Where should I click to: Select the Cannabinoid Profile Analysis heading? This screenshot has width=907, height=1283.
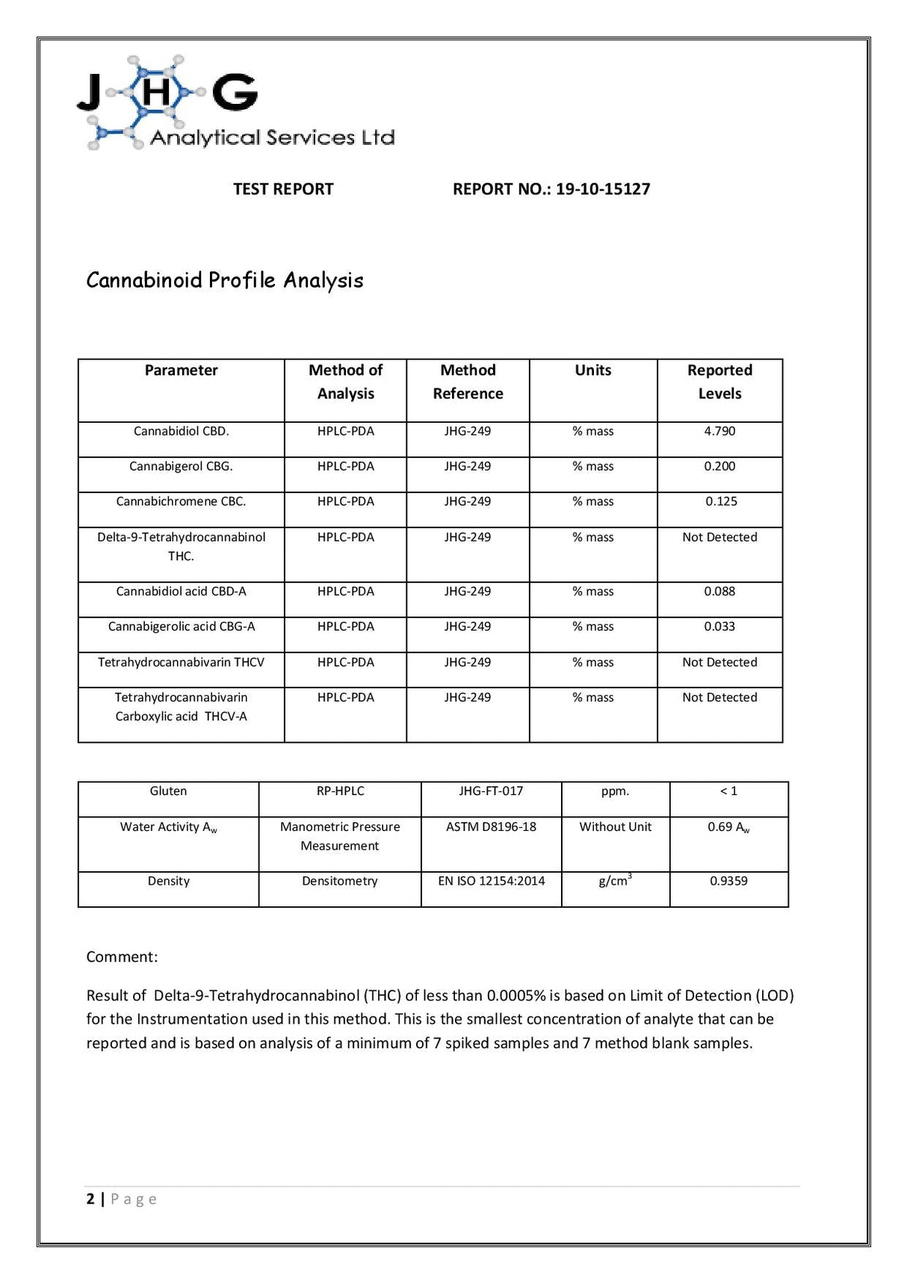225,280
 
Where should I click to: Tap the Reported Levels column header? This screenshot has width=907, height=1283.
719,382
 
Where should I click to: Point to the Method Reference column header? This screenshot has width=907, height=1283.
468,382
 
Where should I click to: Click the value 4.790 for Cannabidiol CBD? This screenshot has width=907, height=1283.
719,431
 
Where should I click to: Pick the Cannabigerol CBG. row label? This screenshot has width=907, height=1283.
181,466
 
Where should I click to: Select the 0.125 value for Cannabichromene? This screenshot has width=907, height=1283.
721,501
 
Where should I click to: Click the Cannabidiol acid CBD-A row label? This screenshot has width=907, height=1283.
181,591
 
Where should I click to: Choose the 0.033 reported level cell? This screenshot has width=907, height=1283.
719,626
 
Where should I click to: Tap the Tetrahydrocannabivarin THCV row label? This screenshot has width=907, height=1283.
181,662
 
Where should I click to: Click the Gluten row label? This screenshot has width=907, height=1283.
168,791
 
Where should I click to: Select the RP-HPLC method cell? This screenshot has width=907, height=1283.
340,791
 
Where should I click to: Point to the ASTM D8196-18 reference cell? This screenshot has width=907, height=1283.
491,826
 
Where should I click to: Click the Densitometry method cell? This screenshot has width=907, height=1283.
340,881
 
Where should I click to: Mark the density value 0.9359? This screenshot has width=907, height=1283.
728,881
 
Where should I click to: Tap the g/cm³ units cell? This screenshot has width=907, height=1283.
615,881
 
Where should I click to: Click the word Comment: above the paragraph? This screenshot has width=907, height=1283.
122,957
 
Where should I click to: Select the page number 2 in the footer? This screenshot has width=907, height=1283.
90,1199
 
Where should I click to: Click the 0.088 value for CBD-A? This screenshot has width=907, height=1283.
719,591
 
